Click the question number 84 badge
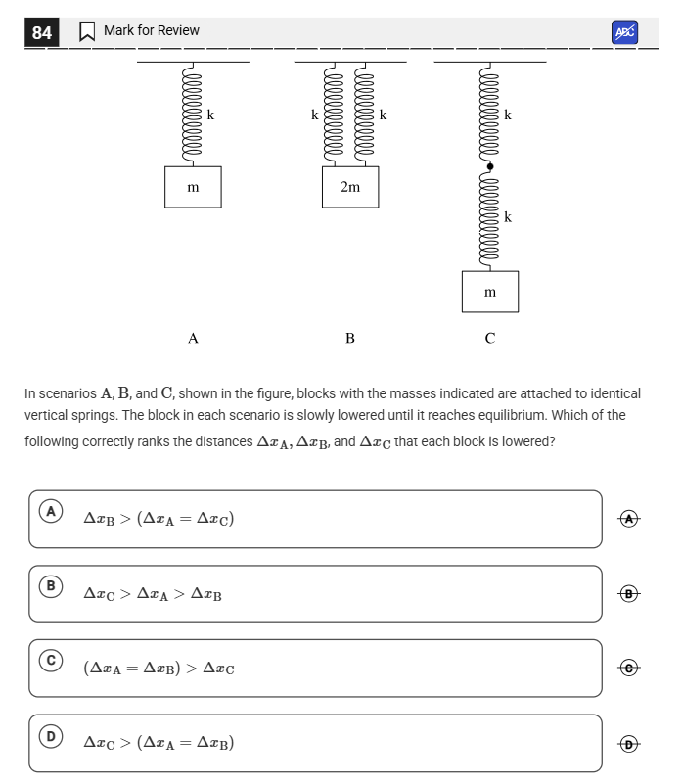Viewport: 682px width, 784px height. tap(41, 32)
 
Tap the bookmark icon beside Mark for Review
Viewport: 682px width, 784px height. tap(87, 31)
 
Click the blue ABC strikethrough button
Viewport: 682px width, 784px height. tap(624, 32)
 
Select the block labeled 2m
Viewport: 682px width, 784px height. tap(350, 187)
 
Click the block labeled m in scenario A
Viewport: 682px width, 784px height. tap(193, 187)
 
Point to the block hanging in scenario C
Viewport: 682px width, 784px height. tap(490, 292)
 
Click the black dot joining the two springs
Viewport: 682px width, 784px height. tap(490, 166)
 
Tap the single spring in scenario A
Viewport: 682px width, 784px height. tap(193, 115)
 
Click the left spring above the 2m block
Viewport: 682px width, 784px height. tap(334, 115)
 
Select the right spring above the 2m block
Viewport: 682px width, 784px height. tap(365, 115)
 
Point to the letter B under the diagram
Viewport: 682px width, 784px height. tap(350, 339)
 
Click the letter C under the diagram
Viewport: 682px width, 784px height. tap(490, 339)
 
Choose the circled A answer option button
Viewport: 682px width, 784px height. tap(51, 511)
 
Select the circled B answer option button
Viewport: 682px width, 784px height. tap(51, 585)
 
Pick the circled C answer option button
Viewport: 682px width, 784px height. tap(51, 660)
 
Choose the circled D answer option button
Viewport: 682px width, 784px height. tap(51, 736)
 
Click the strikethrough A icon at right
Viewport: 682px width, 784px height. tap(629, 519)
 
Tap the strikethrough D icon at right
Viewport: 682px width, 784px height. tap(629, 744)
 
